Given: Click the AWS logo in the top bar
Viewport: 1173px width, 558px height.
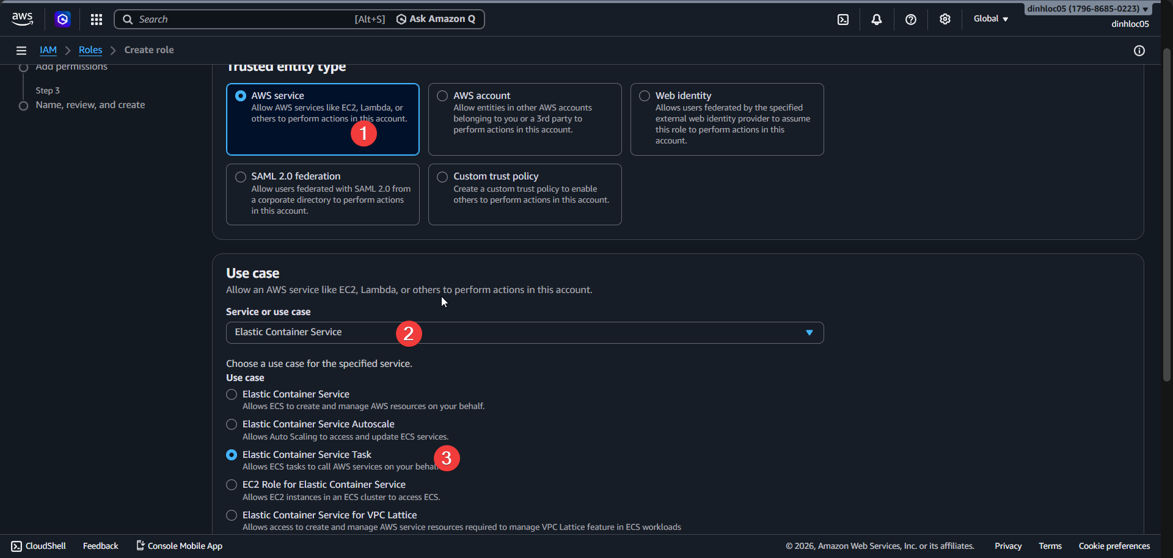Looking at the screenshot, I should tap(23, 19).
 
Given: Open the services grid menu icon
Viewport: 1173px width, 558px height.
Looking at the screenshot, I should tap(97, 20).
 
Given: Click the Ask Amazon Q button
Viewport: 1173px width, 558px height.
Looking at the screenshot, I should tap(436, 19).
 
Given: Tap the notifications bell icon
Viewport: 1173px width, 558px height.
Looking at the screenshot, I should tap(876, 20).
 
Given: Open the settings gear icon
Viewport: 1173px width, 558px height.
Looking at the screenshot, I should tap(945, 20).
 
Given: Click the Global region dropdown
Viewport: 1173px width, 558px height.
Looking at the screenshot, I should tap(990, 19).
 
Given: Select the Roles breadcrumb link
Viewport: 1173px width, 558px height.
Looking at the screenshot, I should tap(90, 50).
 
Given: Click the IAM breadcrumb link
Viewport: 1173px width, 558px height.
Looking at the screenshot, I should tap(48, 50).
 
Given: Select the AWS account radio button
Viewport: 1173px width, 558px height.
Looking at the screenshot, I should tap(443, 96).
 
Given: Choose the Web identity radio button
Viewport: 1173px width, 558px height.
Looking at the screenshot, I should tap(645, 96).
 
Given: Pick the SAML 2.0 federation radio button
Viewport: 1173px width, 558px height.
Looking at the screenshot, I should tap(241, 177).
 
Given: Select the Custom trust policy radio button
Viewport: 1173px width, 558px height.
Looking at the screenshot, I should tap(443, 177).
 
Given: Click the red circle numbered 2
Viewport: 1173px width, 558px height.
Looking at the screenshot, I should tap(409, 334).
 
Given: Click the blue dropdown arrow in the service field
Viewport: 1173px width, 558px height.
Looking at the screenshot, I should tap(809, 333).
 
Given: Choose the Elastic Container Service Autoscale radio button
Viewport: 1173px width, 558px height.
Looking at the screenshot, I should tap(232, 424).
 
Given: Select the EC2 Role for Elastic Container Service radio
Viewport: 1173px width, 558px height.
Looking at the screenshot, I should tap(232, 485).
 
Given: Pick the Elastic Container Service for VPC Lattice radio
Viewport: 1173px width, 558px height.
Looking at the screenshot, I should tap(232, 515).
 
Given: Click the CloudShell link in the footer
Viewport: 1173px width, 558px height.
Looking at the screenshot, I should tap(39, 546).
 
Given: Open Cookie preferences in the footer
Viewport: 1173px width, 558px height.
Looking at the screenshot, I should tap(1114, 546).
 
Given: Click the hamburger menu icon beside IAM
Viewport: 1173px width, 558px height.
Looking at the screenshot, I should tap(21, 51).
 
